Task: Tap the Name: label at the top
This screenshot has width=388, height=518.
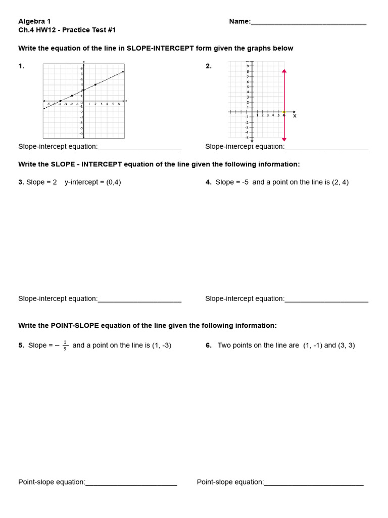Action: coord(240,21)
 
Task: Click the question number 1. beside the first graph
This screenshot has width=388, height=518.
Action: coord(21,66)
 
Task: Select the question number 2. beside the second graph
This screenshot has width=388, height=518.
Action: coord(209,66)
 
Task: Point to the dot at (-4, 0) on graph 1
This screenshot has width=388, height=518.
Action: coord(60,101)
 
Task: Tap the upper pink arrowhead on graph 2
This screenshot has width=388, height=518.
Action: coord(284,71)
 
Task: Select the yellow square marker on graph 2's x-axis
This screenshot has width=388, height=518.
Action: coord(284,112)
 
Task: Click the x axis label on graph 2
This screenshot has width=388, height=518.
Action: coord(295,116)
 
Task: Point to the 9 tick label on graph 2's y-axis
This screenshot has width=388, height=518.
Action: coord(248,66)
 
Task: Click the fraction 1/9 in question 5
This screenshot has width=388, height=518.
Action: coord(65,346)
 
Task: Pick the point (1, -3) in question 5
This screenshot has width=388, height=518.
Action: coord(162,346)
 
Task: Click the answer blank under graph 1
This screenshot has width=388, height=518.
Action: coord(139,147)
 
